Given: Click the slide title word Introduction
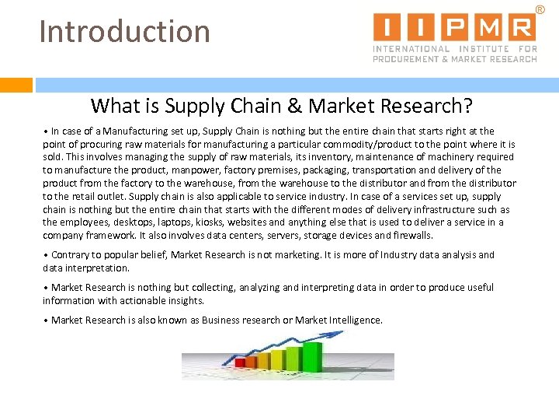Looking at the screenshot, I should pos(124,32).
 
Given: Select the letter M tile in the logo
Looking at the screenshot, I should pos(488,27).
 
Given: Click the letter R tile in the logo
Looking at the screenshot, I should pos(521,27).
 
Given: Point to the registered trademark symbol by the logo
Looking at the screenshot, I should pos(540,9).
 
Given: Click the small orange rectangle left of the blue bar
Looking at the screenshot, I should pos(16,85).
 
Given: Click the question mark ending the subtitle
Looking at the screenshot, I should pos(468,105).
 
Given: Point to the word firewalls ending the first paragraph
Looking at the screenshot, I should pos(412,236).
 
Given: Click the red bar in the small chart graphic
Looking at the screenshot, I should pos(241,362).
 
